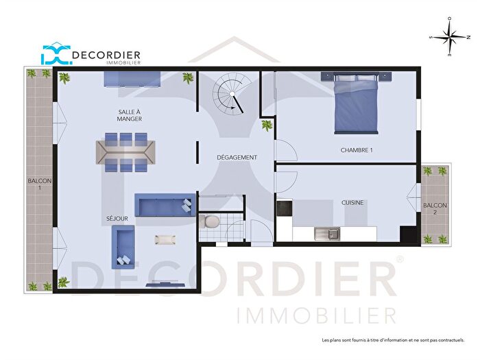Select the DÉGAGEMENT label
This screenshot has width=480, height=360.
(x=238, y=157)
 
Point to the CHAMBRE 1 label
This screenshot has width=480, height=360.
(x=357, y=150)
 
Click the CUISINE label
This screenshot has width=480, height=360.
(x=352, y=202)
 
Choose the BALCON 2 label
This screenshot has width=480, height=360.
(x=435, y=209)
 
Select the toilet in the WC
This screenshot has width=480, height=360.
(x=211, y=221)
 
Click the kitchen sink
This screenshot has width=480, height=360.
(x=327, y=234)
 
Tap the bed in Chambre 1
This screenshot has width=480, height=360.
(x=355, y=105)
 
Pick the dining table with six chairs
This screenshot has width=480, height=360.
(x=125, y=151)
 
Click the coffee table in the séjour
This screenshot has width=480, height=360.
(x=166, y=239)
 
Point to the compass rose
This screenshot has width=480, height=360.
(x=448, y=38)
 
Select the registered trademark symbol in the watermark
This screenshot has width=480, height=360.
(x=400, y=259)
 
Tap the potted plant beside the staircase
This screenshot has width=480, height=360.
(x=266, y=125)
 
